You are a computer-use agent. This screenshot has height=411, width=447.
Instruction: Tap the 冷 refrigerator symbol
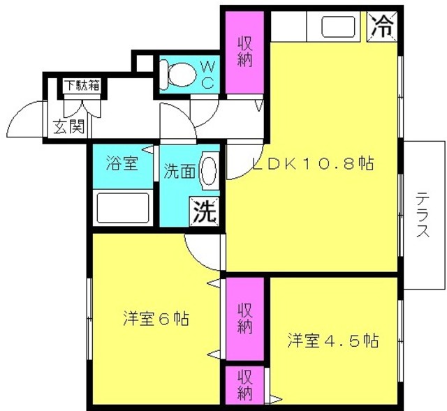point(382,27)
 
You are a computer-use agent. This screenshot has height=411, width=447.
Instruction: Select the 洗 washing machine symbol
point(204,211)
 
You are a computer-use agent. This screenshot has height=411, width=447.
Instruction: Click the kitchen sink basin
point(338,27)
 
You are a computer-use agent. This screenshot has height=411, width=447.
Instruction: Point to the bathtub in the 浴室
point(123,208)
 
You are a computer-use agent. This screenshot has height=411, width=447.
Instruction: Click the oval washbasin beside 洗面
point(209,170)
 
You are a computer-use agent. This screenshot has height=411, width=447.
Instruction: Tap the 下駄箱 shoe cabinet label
point(82,85)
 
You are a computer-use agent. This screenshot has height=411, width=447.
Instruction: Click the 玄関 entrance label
point(69,126)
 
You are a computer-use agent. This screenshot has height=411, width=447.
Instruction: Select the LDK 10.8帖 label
point(313,163)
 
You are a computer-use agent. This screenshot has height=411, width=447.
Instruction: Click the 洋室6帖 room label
point(156,318)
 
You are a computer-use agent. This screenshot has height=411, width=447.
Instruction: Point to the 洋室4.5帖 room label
point(333,340)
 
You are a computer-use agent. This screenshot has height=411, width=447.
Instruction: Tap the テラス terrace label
point(423,215)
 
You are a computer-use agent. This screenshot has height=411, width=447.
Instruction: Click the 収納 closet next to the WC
point(244,52)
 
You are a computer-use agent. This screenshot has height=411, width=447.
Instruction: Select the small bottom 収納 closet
point(245,384)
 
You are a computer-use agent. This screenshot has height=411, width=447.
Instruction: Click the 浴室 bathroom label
point(122,163)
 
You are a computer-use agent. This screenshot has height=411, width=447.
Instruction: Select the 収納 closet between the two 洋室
point(245,319)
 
